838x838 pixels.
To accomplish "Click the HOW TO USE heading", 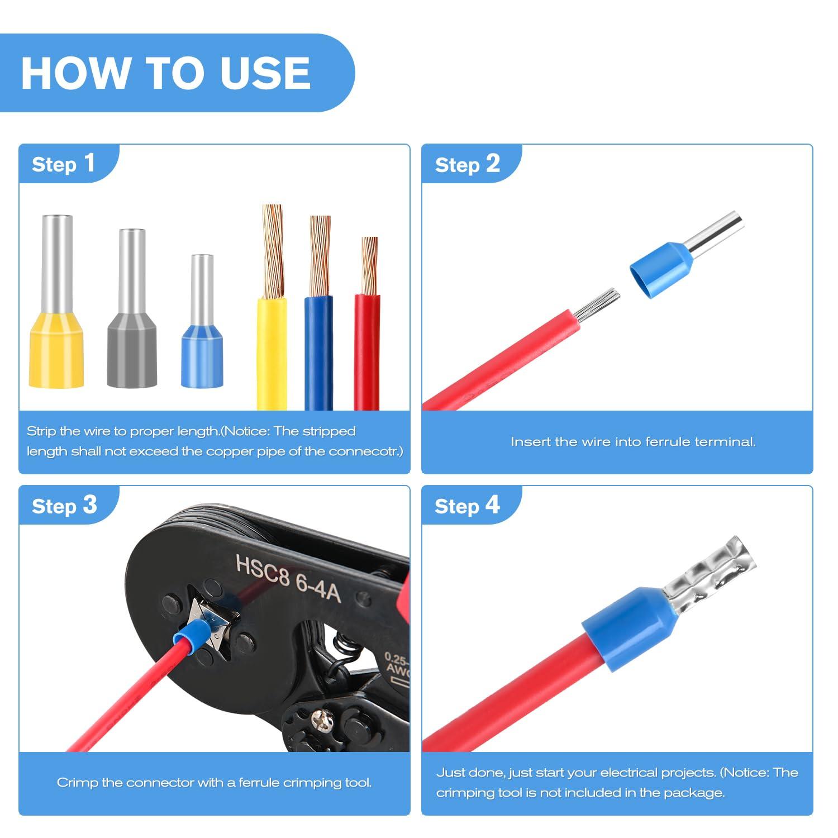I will pyautogui.click(x=165, y=73).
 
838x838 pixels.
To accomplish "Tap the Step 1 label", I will pyautogui.click(x=64, y=164).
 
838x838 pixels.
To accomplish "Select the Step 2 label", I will pyautogui.click(x=467, y=164).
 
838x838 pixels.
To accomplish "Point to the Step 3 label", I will pyautogui.click(x=64, y=506).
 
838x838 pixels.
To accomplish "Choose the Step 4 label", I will pyautogui.click(x=467, y=506).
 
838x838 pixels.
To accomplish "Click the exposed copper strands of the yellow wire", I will pyautogui.click(x=273, y=251).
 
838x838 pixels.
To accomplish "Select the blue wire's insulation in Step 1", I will pyautogui.click(x=318, y=352).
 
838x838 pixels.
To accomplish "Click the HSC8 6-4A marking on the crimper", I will pyautogui.click(x=288, y=578).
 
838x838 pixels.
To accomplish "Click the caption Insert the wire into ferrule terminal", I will pyautogui.click(x=633, y=442).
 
